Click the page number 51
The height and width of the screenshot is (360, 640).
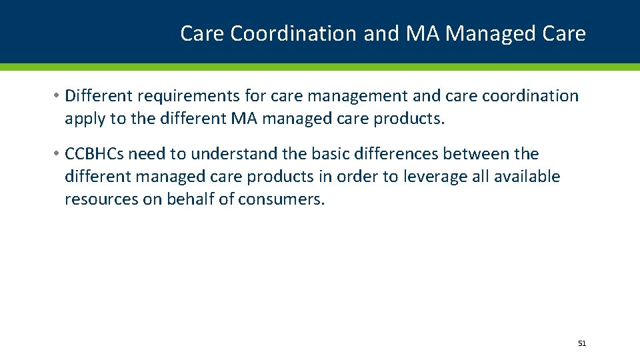(582, 343)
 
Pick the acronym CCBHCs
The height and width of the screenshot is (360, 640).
(94, 154)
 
